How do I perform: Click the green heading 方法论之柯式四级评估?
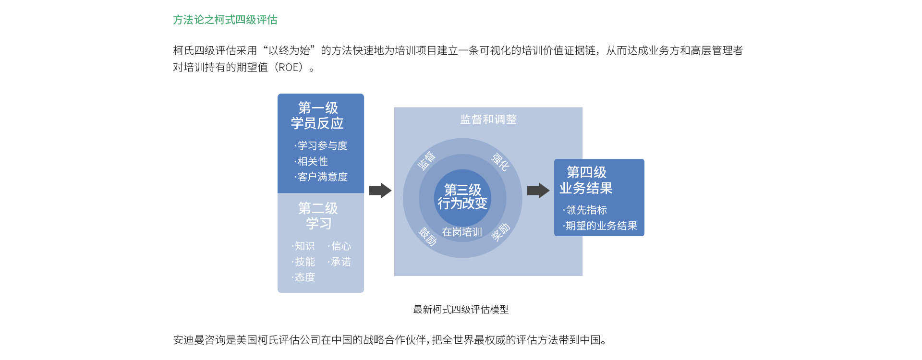[x=225, y=20]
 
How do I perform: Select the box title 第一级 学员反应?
[x=317, y=116]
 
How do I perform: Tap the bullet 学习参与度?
[x=321, y=145]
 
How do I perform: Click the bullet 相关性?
[x=311, y=161]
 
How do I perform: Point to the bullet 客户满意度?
[x=321, y=177]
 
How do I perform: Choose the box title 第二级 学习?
[x=318, y=216]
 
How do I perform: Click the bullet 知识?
[x=303, y=246]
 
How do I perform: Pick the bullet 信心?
[x=339, y=246]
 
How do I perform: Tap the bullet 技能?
[x=303, y=262]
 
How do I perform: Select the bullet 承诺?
[x=339, y=262]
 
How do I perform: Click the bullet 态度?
[x=303, y=277]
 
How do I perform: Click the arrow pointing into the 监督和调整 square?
[x=380, y=191]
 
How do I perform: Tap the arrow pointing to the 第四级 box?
[x=538, y=191]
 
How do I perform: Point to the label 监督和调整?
[x=488, y=119]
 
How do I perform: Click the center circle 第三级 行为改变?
[x=462, y=197]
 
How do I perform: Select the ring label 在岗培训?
[x=462, y=232]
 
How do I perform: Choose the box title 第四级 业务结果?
[x=586, y=180]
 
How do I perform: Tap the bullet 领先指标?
[x=585, y=210]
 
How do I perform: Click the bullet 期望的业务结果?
[x=600, y=226]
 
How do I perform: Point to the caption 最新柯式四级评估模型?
[x=461, y=310]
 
